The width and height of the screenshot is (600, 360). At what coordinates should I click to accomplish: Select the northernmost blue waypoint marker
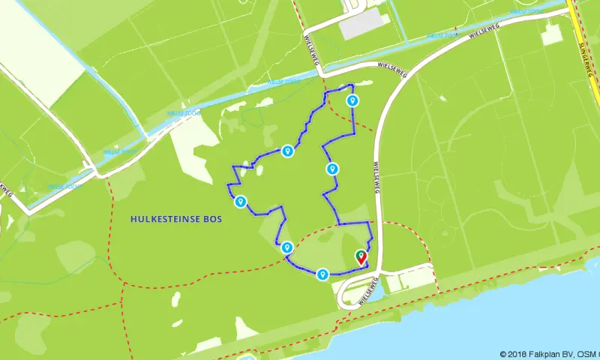coord(352,100)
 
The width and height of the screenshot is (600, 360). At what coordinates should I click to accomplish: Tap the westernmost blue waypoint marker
coord(241,201)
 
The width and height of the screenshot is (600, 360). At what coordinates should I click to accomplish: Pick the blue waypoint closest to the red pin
coord(322,274)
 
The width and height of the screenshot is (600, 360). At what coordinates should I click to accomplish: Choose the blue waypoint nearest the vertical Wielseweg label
coord(333,168)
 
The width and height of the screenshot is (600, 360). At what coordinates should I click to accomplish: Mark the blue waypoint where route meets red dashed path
coord(287,247)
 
